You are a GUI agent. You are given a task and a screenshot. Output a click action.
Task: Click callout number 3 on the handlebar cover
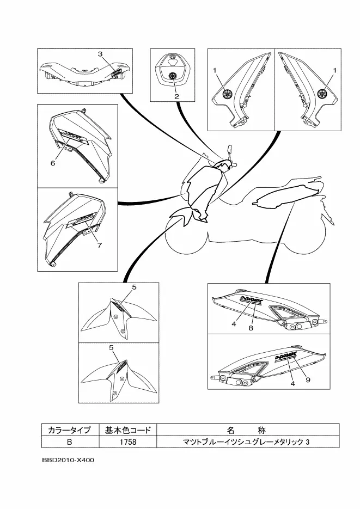(100, 54)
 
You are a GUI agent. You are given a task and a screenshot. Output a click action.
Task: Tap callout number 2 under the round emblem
(176, 96)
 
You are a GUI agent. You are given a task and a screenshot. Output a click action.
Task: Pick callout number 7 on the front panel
(100, 245)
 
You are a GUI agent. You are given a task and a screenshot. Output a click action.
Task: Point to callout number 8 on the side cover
(251, 328)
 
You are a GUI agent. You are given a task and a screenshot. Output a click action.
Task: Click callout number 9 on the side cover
(308, 379)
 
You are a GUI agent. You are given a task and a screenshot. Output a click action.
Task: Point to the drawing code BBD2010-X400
(68, 460)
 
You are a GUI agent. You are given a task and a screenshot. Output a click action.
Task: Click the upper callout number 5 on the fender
(134, 286)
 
